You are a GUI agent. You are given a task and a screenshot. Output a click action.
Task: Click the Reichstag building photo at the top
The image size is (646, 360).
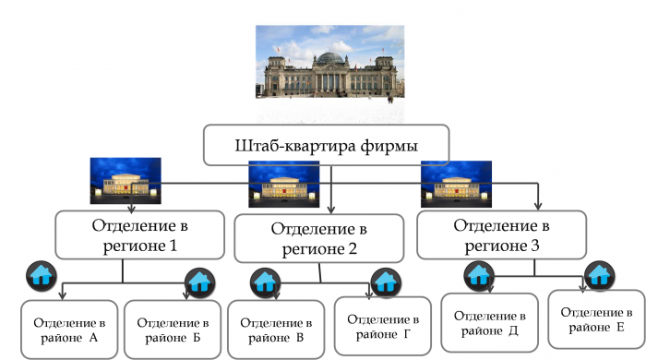[x=330, y=61]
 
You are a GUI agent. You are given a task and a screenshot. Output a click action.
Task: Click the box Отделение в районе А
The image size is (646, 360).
[x=69, y=329]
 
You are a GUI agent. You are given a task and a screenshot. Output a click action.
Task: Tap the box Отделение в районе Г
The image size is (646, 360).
[x=379, y=324]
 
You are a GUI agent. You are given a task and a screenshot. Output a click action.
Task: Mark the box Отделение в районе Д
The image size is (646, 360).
[x=486, y=320]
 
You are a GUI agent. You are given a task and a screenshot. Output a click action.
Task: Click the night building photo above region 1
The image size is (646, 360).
[x=125, y=181]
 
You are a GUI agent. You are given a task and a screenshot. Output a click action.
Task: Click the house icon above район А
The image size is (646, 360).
[x=42, y=275]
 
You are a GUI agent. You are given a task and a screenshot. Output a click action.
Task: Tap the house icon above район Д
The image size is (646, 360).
[x=477, y=274]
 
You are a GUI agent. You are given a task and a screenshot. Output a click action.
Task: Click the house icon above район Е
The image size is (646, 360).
[x=600, y=274]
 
